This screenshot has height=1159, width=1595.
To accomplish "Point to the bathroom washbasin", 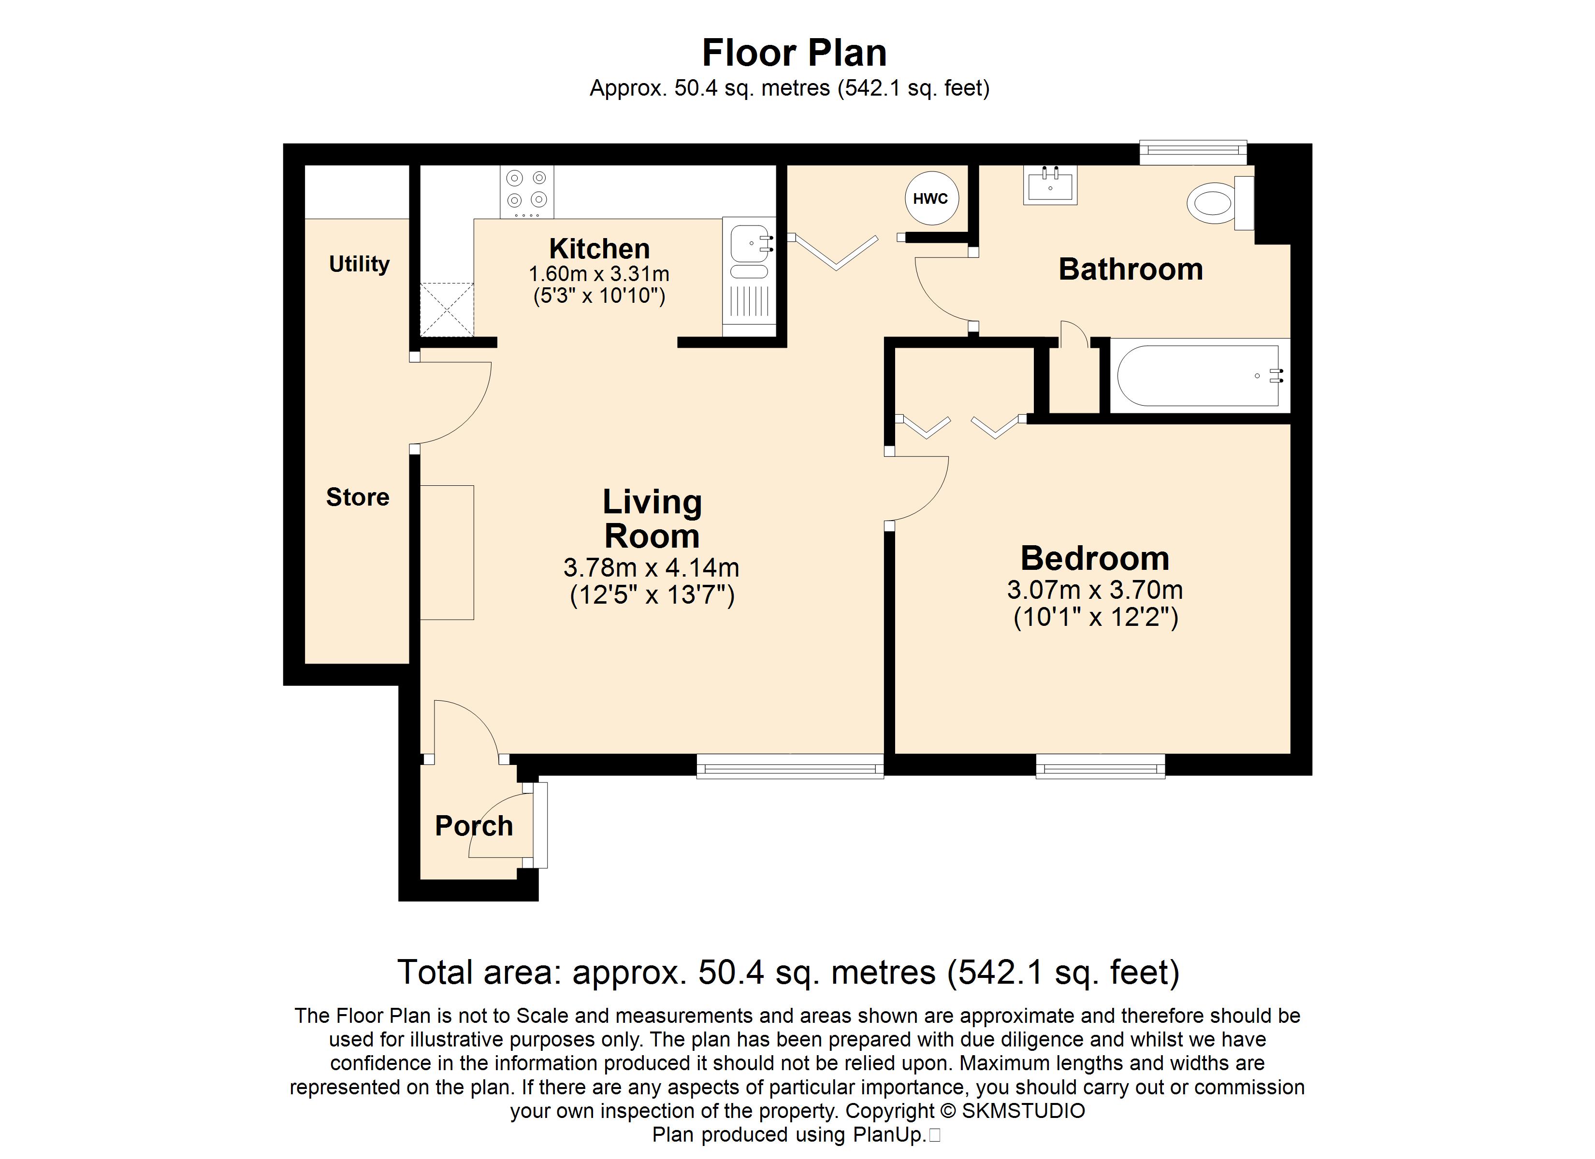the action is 1050,185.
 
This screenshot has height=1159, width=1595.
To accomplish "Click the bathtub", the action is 1200,375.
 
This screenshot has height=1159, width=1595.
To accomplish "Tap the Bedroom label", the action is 1095,559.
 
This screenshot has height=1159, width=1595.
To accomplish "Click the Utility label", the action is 360,264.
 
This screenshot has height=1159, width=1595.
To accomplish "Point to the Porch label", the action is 474,825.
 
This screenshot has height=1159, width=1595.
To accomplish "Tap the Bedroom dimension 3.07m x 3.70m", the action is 1095,590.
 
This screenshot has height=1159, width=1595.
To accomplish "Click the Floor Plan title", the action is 795,53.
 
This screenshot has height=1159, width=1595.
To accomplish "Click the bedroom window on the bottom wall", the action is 1101,766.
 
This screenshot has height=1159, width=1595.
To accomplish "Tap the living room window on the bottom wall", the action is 790,766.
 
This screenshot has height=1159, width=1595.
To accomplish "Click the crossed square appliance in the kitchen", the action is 447,309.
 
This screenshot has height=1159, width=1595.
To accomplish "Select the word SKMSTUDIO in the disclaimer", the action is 1023,1111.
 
